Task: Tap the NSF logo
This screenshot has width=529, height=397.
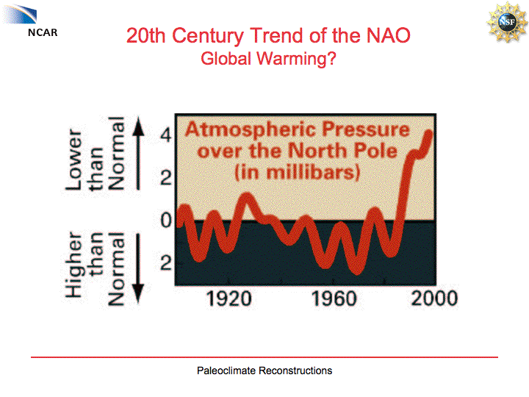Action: click(x=503, y=22)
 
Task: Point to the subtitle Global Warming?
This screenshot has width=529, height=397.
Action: click(x=268, y=59)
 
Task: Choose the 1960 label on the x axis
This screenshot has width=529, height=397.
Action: click(x=334, y=298)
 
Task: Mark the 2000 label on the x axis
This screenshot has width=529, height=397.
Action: click(x=433, y=298)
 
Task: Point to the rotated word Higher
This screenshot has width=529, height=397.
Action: click(x=74, y=266)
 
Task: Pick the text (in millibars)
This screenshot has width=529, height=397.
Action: click(x=297, y=174)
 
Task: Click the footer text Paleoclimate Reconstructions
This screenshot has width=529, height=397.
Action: click(x=264, y=371)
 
